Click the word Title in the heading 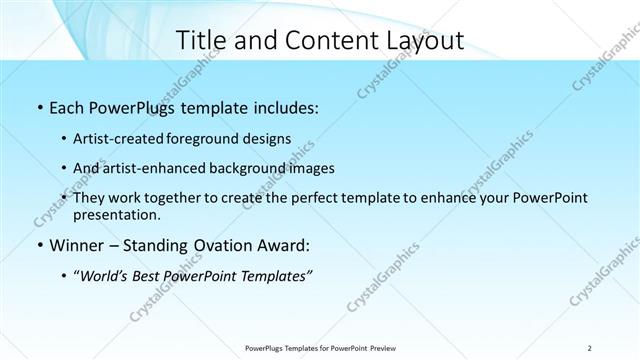tap(200, 40)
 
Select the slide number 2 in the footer tap(590, 348)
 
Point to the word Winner tap(79, 245)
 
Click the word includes tap(286, 107)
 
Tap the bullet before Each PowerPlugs tap(39, 107)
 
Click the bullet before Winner tap(39, 245)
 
